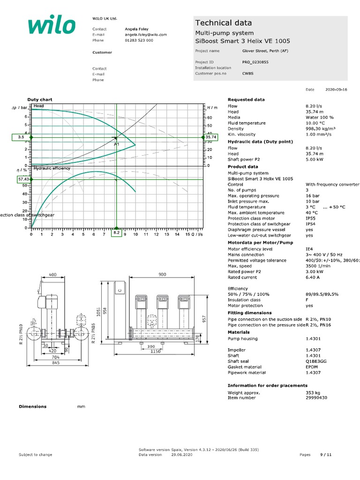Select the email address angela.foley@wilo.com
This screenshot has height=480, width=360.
(x=146, y=35)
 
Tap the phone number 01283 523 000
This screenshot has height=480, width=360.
(x=139, y=40)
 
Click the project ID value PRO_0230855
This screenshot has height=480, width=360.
(x=255, y=62)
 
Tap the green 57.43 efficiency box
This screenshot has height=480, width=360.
(x=23, y=179)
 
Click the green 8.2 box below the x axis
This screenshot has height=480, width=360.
(x=117, y=232)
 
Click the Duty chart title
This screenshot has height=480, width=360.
(x=40, y=99)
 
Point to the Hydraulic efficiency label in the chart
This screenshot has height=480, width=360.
(x=52, y=168)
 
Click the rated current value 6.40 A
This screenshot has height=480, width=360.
(x=312, y=277)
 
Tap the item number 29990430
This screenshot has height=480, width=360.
(x=316, y=397)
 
